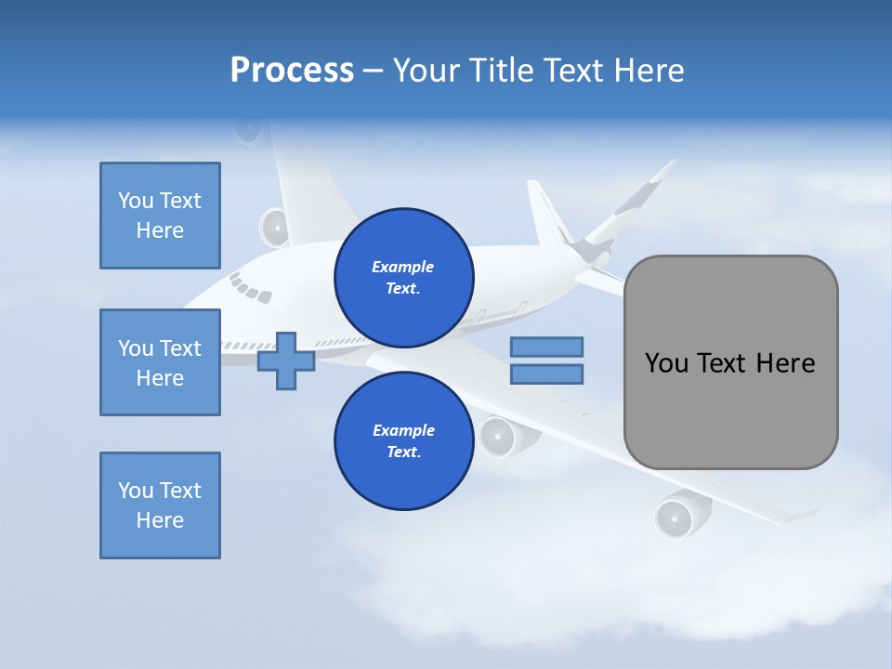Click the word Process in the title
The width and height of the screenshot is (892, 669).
(x=292, y=71)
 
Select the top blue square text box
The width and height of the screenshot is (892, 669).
(x=160, y=216)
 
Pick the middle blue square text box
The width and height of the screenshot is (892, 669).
(x=160, y=362)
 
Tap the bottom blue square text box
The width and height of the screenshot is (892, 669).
(x=160, y=505)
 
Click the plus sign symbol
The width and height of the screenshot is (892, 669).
(x=286, y=361)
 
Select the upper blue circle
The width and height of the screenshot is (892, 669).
(x=404, y=277)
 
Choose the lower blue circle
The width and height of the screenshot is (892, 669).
(x=404, y=440)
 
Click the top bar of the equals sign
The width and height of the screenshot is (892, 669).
(x=546, y=347)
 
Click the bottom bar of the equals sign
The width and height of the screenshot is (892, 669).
(x=546, y=374)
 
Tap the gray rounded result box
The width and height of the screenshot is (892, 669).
(x=730, y=362)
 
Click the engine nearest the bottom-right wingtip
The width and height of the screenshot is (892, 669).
(x=676, y=517)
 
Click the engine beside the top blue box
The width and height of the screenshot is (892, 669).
(x=275, y=227)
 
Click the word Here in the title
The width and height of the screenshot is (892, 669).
(x=647, y=71)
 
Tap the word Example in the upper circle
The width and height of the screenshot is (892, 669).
(x=402, y=267)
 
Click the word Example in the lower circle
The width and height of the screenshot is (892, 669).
(x=403, y=430)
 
